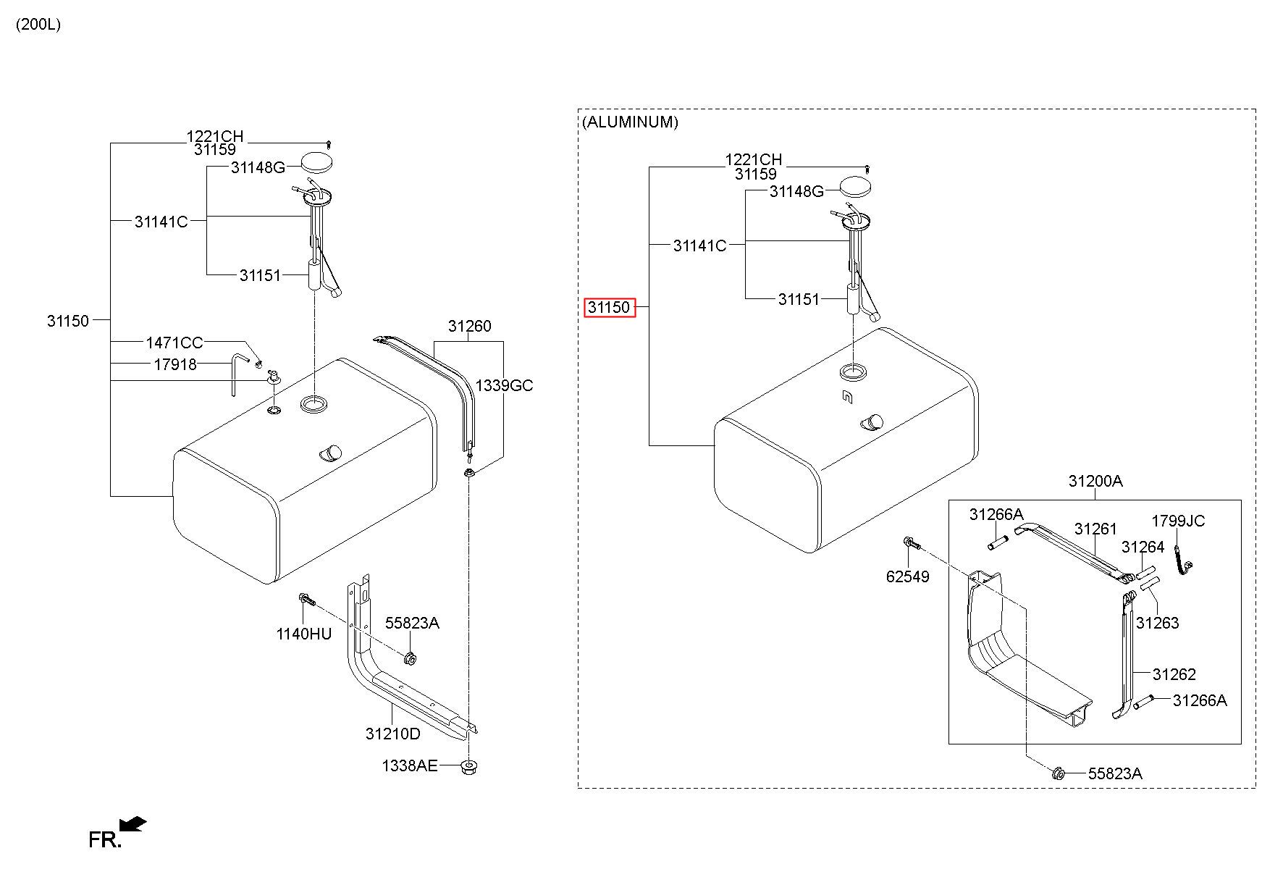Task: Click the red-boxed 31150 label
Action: [610, 308]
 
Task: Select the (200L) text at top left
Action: [38, 25]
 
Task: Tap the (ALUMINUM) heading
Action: [630, 122]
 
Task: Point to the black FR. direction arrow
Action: [132, 824]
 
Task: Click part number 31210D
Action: [392, 734]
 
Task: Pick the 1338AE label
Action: [410, 765]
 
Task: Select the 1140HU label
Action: [303, 634]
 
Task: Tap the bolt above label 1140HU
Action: [306, 600]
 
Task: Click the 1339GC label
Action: [504, 385]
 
